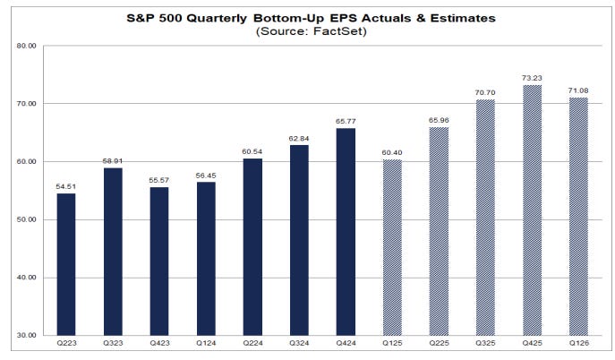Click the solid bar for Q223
pos(67,264)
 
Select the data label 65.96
pos(439,118)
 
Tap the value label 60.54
pos(253,150)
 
